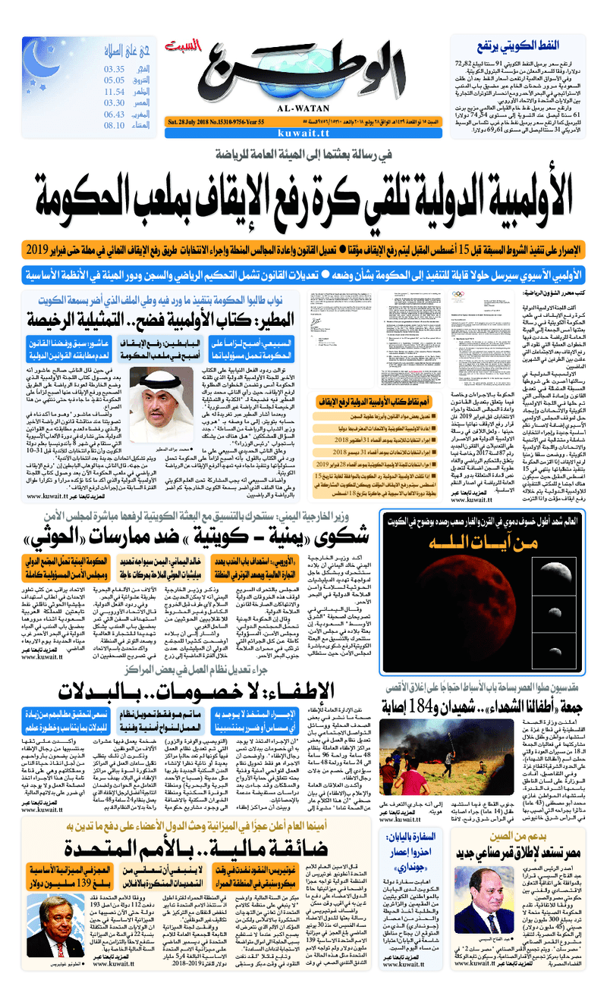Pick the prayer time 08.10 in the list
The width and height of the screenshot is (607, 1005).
pyautogui.click(x=114, y=125)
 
